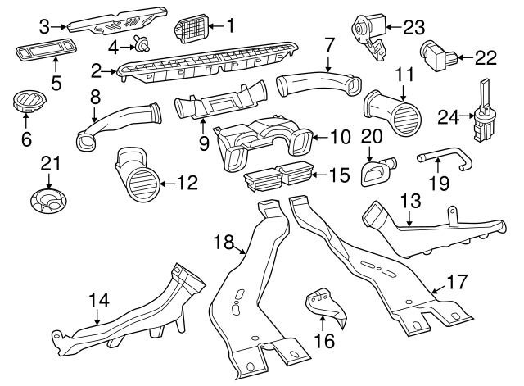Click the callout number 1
pyautogui.click(x=229, y=26)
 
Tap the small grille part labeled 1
pyautogui.click(x=192, y=30)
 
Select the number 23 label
pyautogui.click(x=415, y=27)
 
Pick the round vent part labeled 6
pyautogui.click(x=26, y=105)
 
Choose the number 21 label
pyautogui.click(x=52, y=162)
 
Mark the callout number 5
pyautogui.click(x=56, y=82)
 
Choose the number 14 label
pyautogui.click(x=98, y=300)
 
